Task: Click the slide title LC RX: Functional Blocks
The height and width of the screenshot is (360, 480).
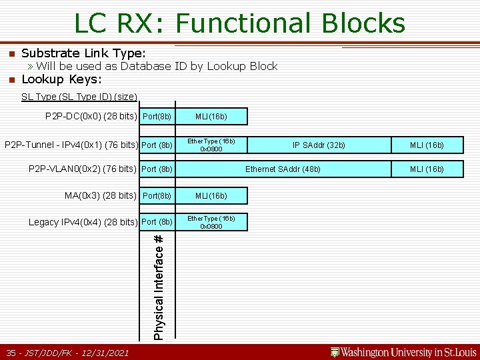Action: click(x=239, y=23)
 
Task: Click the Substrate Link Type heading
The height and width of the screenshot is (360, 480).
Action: click(x=83, y=53)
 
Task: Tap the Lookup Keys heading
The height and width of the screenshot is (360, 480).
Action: click(x=61, y=79)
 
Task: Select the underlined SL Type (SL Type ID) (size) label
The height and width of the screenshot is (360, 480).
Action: click(x=79, y=97)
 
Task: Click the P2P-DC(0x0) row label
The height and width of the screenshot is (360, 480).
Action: click(x=91, y=117)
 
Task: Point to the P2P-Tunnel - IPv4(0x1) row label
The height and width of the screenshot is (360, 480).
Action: click(x=71, y=145)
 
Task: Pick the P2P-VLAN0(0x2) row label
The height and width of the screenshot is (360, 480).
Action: click(x=83, y=169)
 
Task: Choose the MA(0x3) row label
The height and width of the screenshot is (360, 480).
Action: click(x=100, y=195)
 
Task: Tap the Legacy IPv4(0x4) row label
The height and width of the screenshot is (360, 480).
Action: click(x=83, y=222)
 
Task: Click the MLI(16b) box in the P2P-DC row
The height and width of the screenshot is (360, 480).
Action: click(x=211, y=117)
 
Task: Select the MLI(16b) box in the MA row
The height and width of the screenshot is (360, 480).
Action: click(x=211, y=196)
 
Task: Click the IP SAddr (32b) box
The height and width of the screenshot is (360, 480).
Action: click(x=319, y=145)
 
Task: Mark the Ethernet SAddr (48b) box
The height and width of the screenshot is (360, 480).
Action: click(x=283, y=169)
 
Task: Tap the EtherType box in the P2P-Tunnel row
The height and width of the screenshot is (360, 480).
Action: click(x=211, y=145)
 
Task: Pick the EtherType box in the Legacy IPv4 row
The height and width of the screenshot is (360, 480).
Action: click(x=211, y=222)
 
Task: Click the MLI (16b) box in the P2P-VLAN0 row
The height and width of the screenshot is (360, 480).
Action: click(x=427, y=169)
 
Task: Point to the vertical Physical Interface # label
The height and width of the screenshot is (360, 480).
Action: click(x=159, y=285)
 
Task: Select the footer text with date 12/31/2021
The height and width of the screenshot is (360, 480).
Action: click(x=67, y=352)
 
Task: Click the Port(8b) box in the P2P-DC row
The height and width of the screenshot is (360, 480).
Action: click(x=157, y=117)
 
